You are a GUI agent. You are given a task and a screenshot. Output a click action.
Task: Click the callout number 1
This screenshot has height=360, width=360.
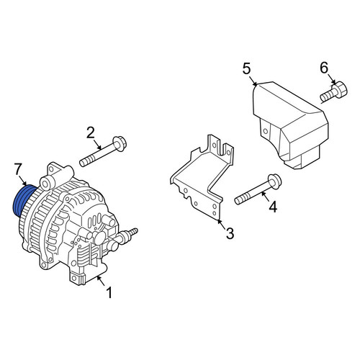109,293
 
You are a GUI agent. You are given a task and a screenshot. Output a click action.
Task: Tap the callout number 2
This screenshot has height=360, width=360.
91,132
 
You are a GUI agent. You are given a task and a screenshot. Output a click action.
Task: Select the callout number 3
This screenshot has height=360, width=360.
230,233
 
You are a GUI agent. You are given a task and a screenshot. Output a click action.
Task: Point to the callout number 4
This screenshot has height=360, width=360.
273,207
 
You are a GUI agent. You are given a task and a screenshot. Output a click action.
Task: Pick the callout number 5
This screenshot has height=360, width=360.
247,68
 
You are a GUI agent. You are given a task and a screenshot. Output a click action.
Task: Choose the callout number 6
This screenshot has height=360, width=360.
324,68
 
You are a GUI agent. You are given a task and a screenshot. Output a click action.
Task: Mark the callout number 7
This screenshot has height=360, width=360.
18,169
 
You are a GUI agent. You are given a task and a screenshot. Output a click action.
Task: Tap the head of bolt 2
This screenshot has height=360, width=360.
120,143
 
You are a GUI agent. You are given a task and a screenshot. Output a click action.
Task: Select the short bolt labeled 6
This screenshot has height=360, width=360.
334,92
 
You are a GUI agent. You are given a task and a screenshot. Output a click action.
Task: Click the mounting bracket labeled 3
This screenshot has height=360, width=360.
202,178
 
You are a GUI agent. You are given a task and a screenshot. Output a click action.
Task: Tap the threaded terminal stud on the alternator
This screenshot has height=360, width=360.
130,234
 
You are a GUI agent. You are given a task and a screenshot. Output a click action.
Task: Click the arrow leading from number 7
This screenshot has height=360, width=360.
22,181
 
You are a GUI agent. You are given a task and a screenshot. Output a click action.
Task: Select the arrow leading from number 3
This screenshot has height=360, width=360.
222,223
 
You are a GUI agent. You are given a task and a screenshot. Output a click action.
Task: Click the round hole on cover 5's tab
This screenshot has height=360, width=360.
265,131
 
